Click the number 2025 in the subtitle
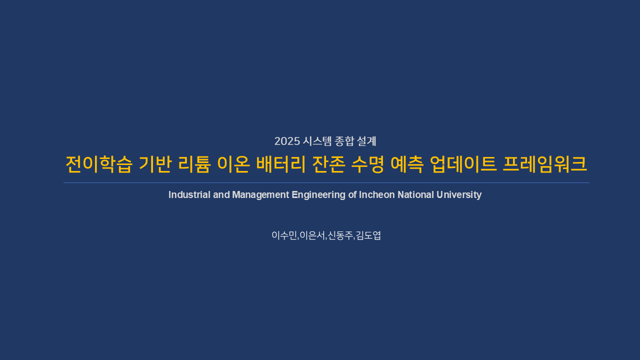[287, 141]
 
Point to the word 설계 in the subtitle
[366, 141]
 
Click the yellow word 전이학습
[99, 164]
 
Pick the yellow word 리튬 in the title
[194, 164]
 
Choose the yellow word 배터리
[281, 164]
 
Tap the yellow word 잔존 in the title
[328, 164]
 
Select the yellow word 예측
[407, 164]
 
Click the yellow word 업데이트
[463, 164]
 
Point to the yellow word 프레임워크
[545, 164]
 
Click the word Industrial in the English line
[189, 195]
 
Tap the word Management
[260, 195]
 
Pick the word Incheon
[377, 195]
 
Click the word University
[459, 195]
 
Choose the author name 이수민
[284, 235]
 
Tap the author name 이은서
[312, 235]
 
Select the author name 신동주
[340, 235]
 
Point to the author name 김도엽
[368, 235]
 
